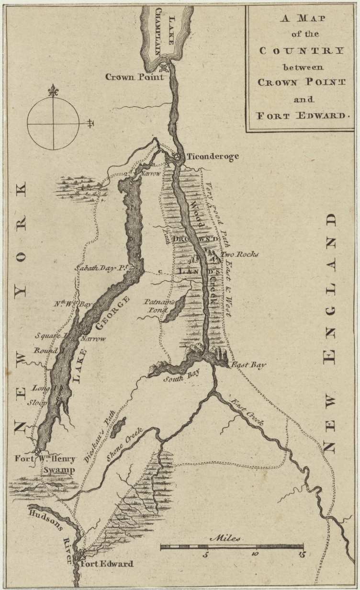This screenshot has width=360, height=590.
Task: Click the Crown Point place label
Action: (135, 77)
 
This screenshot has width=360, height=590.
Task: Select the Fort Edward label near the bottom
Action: (108, 564)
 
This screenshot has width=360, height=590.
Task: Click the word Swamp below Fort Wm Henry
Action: (59, 470)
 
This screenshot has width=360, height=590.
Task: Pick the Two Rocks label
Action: (239, 254)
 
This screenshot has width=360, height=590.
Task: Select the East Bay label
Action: (248, 365)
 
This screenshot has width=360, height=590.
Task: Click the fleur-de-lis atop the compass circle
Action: (53, 90)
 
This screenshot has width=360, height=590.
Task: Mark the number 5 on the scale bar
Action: (206, 556)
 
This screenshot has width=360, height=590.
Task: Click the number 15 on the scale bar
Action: (301, 556)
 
